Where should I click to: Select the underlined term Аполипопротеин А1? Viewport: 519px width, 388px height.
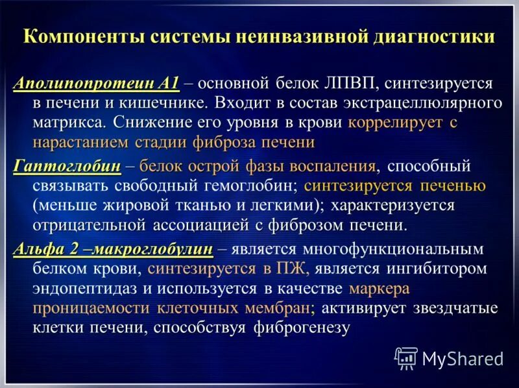coord(96,84)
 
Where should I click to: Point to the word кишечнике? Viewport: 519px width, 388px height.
coord(167,103)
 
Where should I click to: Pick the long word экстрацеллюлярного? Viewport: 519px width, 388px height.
coord(428,103)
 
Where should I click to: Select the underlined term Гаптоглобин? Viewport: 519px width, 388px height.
coord(67,166)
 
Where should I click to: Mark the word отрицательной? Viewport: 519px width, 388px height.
coord(90,225)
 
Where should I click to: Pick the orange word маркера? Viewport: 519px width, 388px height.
coord(380,288)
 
